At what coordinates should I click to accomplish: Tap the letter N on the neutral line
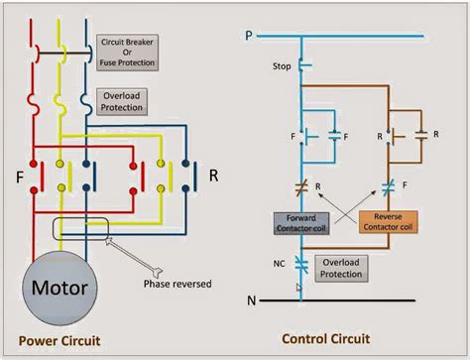click(x=252, y=298)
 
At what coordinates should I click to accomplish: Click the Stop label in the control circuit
click(x=281, y=66)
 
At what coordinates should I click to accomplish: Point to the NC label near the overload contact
click(x=281, y=263)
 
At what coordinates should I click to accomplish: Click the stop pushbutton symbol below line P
click(x=302, y=67)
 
